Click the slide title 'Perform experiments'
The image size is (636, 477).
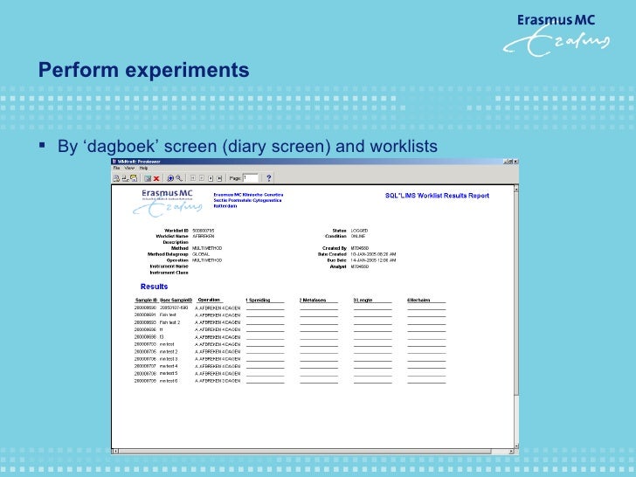[x=143, y=70]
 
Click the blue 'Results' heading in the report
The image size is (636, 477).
[x=154, y=287]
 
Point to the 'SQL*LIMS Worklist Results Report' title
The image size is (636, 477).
[x=438, y=196]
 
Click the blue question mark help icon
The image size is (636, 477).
[x=269, y=177]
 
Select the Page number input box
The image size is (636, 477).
[x=251, y=177]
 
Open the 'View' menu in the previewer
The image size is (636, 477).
[x=128, y=168]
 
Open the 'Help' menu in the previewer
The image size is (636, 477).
[x=143, y=168]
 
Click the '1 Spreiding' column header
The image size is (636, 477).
[x=259, y=301]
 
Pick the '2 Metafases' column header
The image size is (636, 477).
[x=313, y=301]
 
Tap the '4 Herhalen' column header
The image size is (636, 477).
[x=420, y=301]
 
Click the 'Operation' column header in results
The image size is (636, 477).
[x=209, y=301]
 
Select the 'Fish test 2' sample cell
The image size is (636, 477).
[x=169, y=322]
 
